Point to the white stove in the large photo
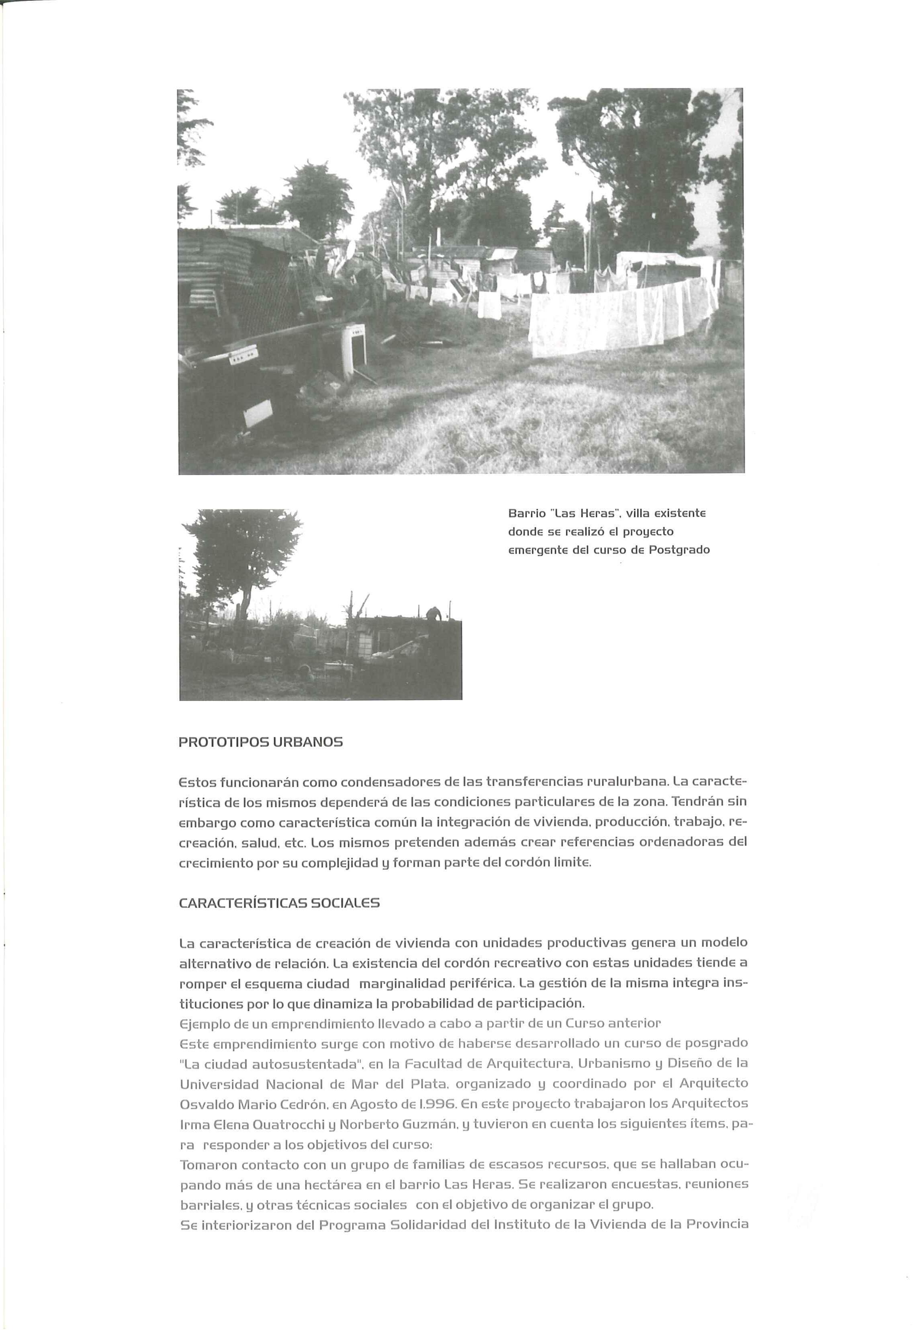tap(351, 350)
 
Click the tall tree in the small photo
tap(244, 551)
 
